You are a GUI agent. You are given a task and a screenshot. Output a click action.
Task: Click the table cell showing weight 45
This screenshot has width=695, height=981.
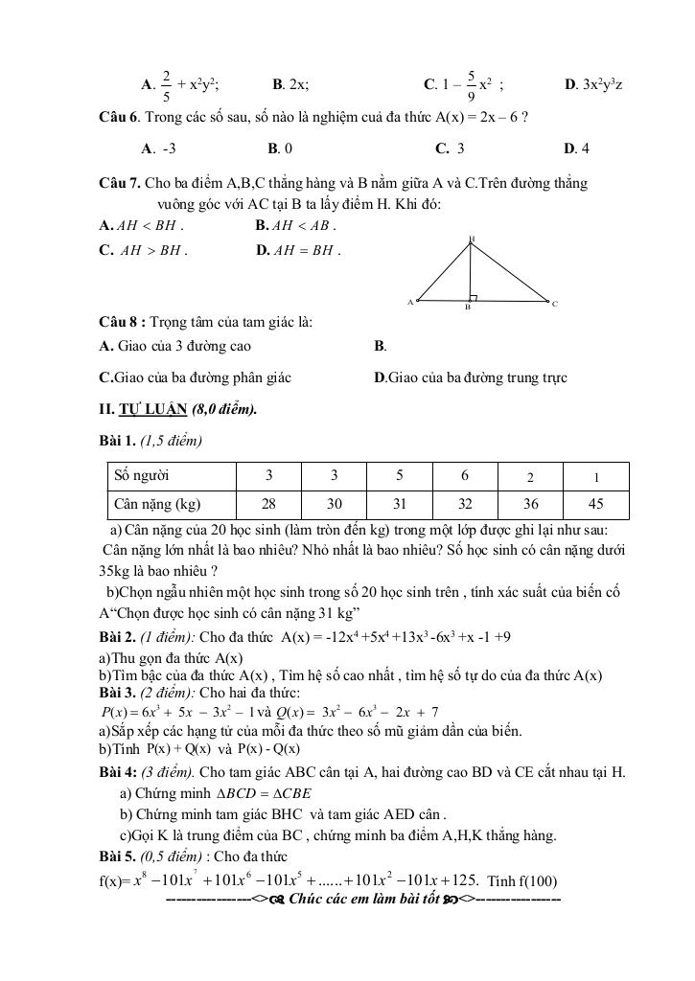596,504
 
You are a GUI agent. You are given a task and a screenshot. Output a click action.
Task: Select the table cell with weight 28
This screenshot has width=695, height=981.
269,504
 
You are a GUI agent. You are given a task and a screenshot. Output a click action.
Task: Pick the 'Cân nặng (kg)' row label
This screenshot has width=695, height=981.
157,504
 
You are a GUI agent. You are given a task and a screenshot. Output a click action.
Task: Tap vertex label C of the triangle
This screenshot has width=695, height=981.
554,304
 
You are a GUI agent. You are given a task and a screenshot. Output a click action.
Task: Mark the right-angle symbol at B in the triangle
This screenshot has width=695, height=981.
473,298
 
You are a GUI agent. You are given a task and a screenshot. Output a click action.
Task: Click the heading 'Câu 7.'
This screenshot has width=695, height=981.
121,182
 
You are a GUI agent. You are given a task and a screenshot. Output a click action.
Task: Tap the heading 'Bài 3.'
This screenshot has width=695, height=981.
119,693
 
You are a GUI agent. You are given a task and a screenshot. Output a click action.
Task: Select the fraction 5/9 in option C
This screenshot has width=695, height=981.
473,84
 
